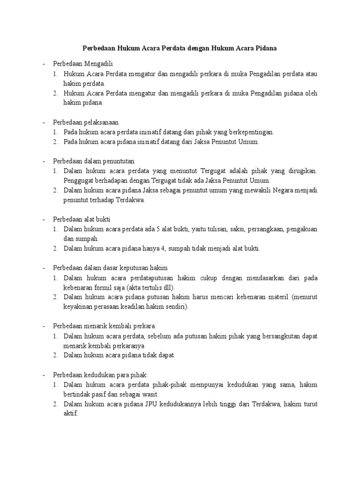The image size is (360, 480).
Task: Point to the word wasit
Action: [150, 394]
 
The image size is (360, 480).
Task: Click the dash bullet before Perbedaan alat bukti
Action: [44, 219]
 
